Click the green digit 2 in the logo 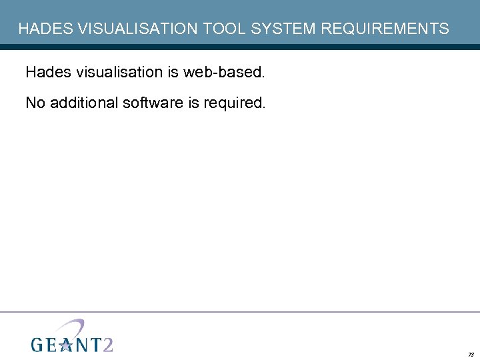[x=106, y=343]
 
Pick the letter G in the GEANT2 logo [x=39, y=344]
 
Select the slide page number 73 [x=471, y=355]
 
